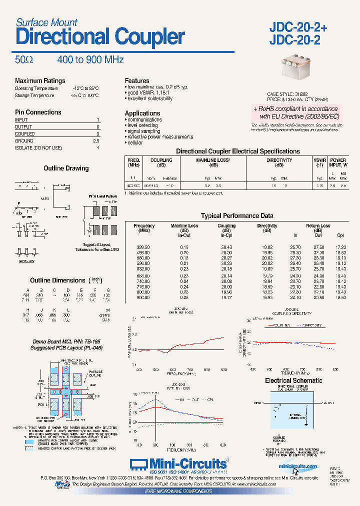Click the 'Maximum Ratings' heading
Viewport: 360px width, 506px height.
[x=40, y=81]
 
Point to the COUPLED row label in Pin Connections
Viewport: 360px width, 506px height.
[x=25, y=134]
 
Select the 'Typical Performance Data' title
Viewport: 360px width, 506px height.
[x=237, y=216]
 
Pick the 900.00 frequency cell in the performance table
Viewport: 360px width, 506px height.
[x=143, y=297]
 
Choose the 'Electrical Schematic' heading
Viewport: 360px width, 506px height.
[x=293, y=380]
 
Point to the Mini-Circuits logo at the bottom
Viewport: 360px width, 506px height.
[x=179, y=464]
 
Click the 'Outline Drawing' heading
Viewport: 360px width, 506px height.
[x=66, y=168]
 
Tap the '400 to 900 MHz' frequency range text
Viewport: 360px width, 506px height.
[x=90, y=60]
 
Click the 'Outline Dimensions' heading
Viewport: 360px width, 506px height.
[x=57, y=280]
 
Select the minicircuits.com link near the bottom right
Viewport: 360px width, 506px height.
[x=298, y=466]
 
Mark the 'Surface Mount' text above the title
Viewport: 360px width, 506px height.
[x=46, y=22]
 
